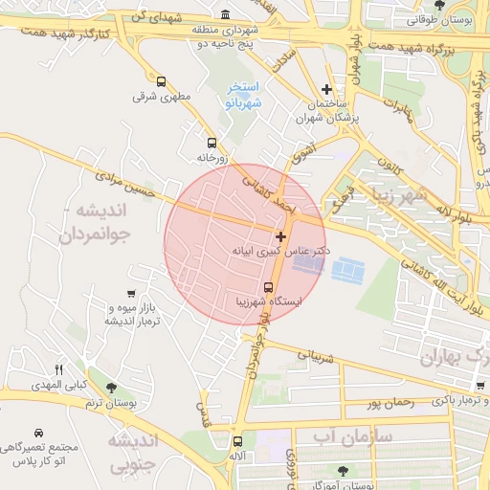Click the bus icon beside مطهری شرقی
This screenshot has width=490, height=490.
pyautogui.click(x=160, y=82)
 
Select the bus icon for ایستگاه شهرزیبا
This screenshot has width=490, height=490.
pyautogui.click(x=267, y=287)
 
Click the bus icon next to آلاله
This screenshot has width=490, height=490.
pyautogui.click(x=237, y=441)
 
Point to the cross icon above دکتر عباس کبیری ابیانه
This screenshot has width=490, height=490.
pyautogui.click(x=280, y=235)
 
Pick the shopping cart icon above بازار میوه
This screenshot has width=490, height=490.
pyautogui.click(x=131, y=293)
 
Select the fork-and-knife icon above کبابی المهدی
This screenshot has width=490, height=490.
pyautogui.click(x=58, y=369)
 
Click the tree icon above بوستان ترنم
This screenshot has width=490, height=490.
pyautogui.click(x=111, y=389)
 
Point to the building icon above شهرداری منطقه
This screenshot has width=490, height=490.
pyautogui.click(x=225, y=14)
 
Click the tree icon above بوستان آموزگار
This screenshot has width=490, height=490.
pyautogui.click(x=343, y=471)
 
